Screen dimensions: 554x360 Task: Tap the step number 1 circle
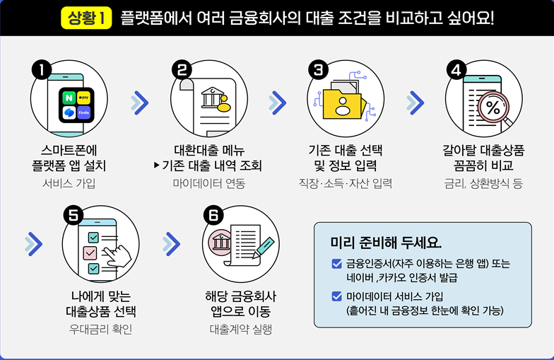(43, 70)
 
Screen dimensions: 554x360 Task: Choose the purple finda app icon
(84, 112)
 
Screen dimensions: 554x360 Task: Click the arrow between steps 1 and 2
(140, 103)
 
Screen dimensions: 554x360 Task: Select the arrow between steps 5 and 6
(171, 244)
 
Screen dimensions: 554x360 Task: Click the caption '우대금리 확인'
(100, 329)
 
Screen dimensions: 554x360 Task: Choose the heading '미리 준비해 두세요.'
(386, 243)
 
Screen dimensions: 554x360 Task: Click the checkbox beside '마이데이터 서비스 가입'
(336, 296)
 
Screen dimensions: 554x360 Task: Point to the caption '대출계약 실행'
(241, 329)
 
